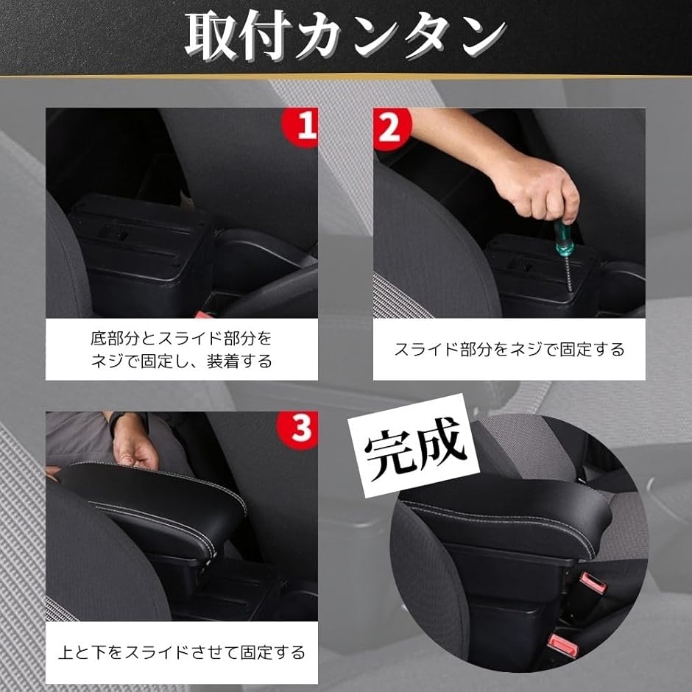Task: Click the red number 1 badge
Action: click(x=303, y=126)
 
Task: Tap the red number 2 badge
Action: click(x=388, y=126)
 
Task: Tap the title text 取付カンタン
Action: click(x=345, y=36)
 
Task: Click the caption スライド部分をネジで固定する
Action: click(x=509, y=349)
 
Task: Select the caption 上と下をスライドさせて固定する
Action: click(x=182, y=652)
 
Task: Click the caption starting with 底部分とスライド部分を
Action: click(x=182, y=350)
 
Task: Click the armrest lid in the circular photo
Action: click(x=508, y=515)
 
